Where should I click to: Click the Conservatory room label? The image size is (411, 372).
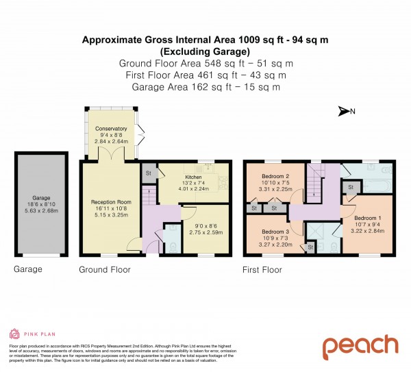click(x=111, y=129)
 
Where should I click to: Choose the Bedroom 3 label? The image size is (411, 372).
click(x=273, y=231)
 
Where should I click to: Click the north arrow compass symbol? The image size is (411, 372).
click(x=345, y=112)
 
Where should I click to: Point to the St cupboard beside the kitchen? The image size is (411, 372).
click(x=147, y=173)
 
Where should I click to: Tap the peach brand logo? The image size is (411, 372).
click(x=360, y=347)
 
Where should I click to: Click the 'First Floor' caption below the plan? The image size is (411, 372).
click(x=262, y=270)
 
